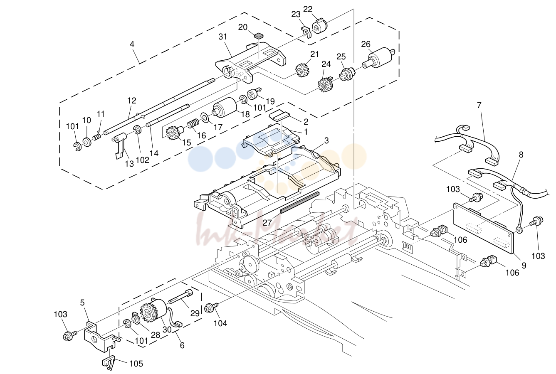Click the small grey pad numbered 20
coord(258,36)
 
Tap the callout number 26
coord(366,44)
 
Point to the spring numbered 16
coord(193,123)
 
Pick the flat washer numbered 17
coord(205,117)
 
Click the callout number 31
coord(222,37)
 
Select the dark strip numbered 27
coord(299,202)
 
